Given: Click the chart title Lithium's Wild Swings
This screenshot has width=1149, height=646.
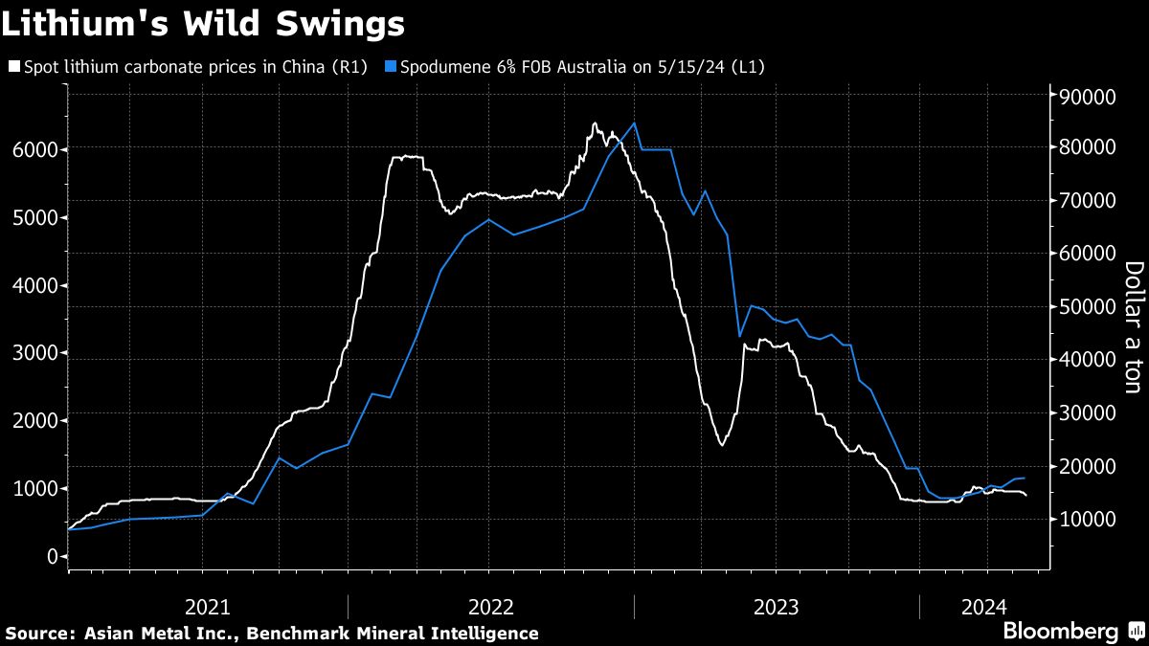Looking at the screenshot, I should coord(202,24).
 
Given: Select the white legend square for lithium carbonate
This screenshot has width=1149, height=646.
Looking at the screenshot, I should coord(13,67).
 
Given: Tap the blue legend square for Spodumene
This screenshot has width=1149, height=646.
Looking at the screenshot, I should coord(389,67).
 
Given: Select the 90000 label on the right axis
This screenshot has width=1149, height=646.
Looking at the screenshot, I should coord(1086,97).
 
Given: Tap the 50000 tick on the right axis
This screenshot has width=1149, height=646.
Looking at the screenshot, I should coord(1086,306).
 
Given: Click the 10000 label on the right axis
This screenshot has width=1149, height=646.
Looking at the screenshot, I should coord(1086,518).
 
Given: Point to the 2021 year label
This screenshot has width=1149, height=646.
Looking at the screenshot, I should coord(207,606).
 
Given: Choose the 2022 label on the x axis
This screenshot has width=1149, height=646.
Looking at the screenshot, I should coord(491,606).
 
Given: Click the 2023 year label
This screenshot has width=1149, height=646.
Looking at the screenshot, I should coord(777,606).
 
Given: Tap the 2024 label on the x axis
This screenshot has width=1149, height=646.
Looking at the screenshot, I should coord(984,606).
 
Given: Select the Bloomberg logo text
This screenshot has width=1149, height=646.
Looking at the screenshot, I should coord(1060,631).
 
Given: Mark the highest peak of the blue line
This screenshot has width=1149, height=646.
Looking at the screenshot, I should coord(635,123).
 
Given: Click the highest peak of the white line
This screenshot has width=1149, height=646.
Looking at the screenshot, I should coord(595,123).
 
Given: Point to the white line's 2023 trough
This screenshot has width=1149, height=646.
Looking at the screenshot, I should coord(721,445).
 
